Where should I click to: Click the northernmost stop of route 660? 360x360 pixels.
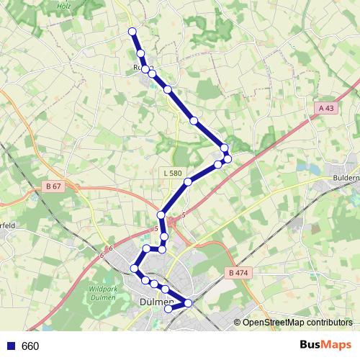[x=132, y=31]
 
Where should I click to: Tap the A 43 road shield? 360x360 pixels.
[x=326, y=108]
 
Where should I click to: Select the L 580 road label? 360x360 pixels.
[x=173, y=173]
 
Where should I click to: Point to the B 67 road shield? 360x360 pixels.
[x=53, y=186]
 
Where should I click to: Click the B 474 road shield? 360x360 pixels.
[x=236, y=273]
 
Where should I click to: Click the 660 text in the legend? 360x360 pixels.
[x=30, y=346]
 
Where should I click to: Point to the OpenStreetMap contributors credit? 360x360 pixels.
[x=297, y=323]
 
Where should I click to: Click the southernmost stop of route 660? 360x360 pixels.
[x=168, y=309]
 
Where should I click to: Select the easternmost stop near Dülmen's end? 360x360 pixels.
[x=189, y=303]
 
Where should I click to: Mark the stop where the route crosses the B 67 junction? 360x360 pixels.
[x=161, y=215]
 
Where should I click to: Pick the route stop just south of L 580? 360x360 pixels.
[x=188, y=182]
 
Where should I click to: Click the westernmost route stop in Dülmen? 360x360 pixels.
[x=134, y=269]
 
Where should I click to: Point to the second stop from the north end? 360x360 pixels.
[x=141, y=53]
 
